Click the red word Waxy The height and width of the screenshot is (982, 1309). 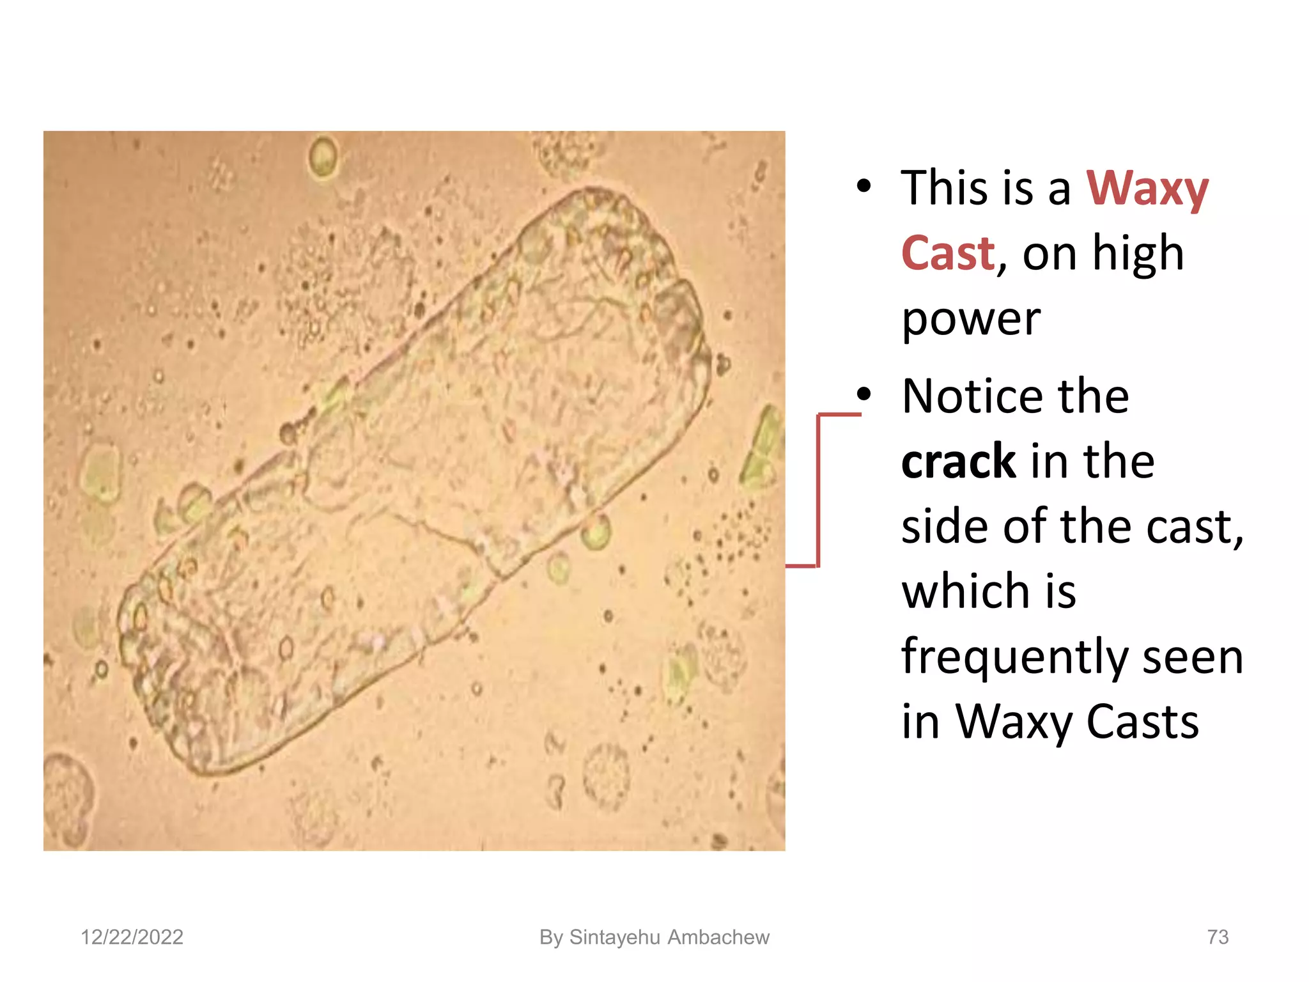[x=1147, y=189]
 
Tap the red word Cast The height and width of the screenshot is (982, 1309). [x=948, y=254]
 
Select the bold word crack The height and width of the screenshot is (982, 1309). [x=958, y=462]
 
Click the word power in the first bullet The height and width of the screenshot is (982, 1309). [x=971, y=320]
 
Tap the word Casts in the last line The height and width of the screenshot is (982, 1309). [x=1142, y=722]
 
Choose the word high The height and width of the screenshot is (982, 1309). [x=1138, y=254]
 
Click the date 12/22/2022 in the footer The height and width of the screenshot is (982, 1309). [x=132, y=937]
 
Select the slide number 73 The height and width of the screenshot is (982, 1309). [x=1218, y=937]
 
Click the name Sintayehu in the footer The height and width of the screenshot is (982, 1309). [x=614, y=937]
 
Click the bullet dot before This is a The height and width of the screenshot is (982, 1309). [x=864, y=186]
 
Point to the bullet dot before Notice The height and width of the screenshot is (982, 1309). [x=864, y=394]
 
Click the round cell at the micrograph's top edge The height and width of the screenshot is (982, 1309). [x=323, y=155]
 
